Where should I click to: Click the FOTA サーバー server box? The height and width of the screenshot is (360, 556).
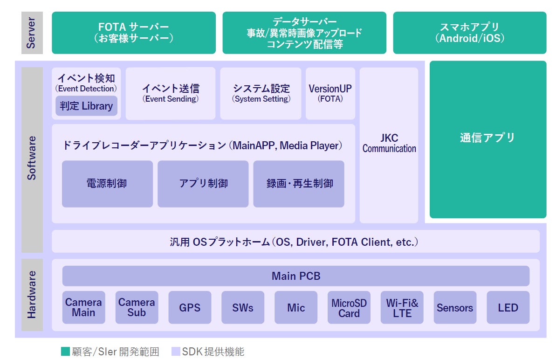coord(133,33)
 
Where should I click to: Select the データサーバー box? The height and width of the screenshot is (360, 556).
coord(304,33)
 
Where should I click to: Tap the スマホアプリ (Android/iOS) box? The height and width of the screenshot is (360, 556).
coord(469,33)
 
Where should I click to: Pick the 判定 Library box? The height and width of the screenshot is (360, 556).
coord(86,106)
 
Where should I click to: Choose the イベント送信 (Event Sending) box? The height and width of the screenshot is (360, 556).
coord(171,93)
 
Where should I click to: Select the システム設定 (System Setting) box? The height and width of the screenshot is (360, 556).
coord(261,93)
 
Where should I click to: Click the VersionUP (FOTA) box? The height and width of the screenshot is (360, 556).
coord(330,93)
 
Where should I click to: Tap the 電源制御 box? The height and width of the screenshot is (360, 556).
coord(107,184)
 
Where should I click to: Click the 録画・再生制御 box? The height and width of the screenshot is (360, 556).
coord(299,184)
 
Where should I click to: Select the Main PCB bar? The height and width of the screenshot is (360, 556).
coord(296,276)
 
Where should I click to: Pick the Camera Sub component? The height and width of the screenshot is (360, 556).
coord(137,308)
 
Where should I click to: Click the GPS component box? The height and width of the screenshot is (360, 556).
coord(190,308)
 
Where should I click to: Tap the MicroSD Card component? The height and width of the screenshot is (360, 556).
coord(349,308)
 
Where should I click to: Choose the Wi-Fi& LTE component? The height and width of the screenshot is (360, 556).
coord(402,308)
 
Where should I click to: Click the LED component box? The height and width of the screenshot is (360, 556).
coord(508,308)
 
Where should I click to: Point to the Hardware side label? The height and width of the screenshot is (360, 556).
coord(32,295)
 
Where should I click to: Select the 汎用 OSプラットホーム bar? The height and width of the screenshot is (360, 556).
coord(295,242)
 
